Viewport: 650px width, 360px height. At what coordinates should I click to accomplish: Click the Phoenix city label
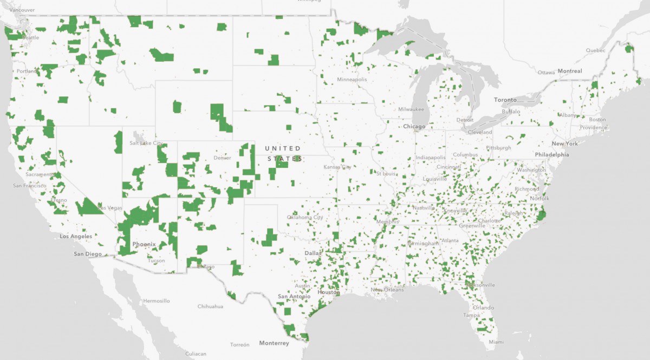[144, 244]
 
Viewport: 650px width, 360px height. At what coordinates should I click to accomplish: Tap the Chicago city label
[414, 127]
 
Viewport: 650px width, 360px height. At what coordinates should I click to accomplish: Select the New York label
[565, 143]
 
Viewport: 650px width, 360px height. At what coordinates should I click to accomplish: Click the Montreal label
[570, 71]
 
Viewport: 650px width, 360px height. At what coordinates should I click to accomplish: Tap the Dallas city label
[313, 253]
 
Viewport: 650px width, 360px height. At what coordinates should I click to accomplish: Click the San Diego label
[88, 254]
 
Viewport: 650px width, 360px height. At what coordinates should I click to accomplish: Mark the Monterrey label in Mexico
[274, 343]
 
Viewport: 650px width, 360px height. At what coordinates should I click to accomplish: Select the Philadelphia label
[552, 154]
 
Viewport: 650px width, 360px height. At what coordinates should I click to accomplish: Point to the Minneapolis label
[352, 80]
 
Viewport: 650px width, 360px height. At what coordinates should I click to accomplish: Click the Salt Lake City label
[146, 143]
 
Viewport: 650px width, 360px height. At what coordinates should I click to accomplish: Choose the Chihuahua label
[211, 306]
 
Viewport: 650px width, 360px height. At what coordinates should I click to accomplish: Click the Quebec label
[596, 50]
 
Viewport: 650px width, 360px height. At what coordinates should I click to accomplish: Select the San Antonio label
[294, 297]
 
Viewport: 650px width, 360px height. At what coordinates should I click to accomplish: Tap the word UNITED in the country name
[282, 148]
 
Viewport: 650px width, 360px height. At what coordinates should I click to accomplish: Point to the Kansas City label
[337, 167]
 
